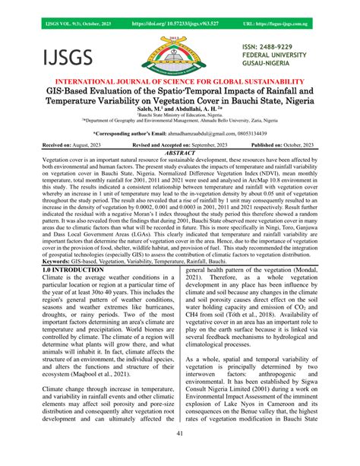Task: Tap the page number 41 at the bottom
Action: point(180,454)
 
